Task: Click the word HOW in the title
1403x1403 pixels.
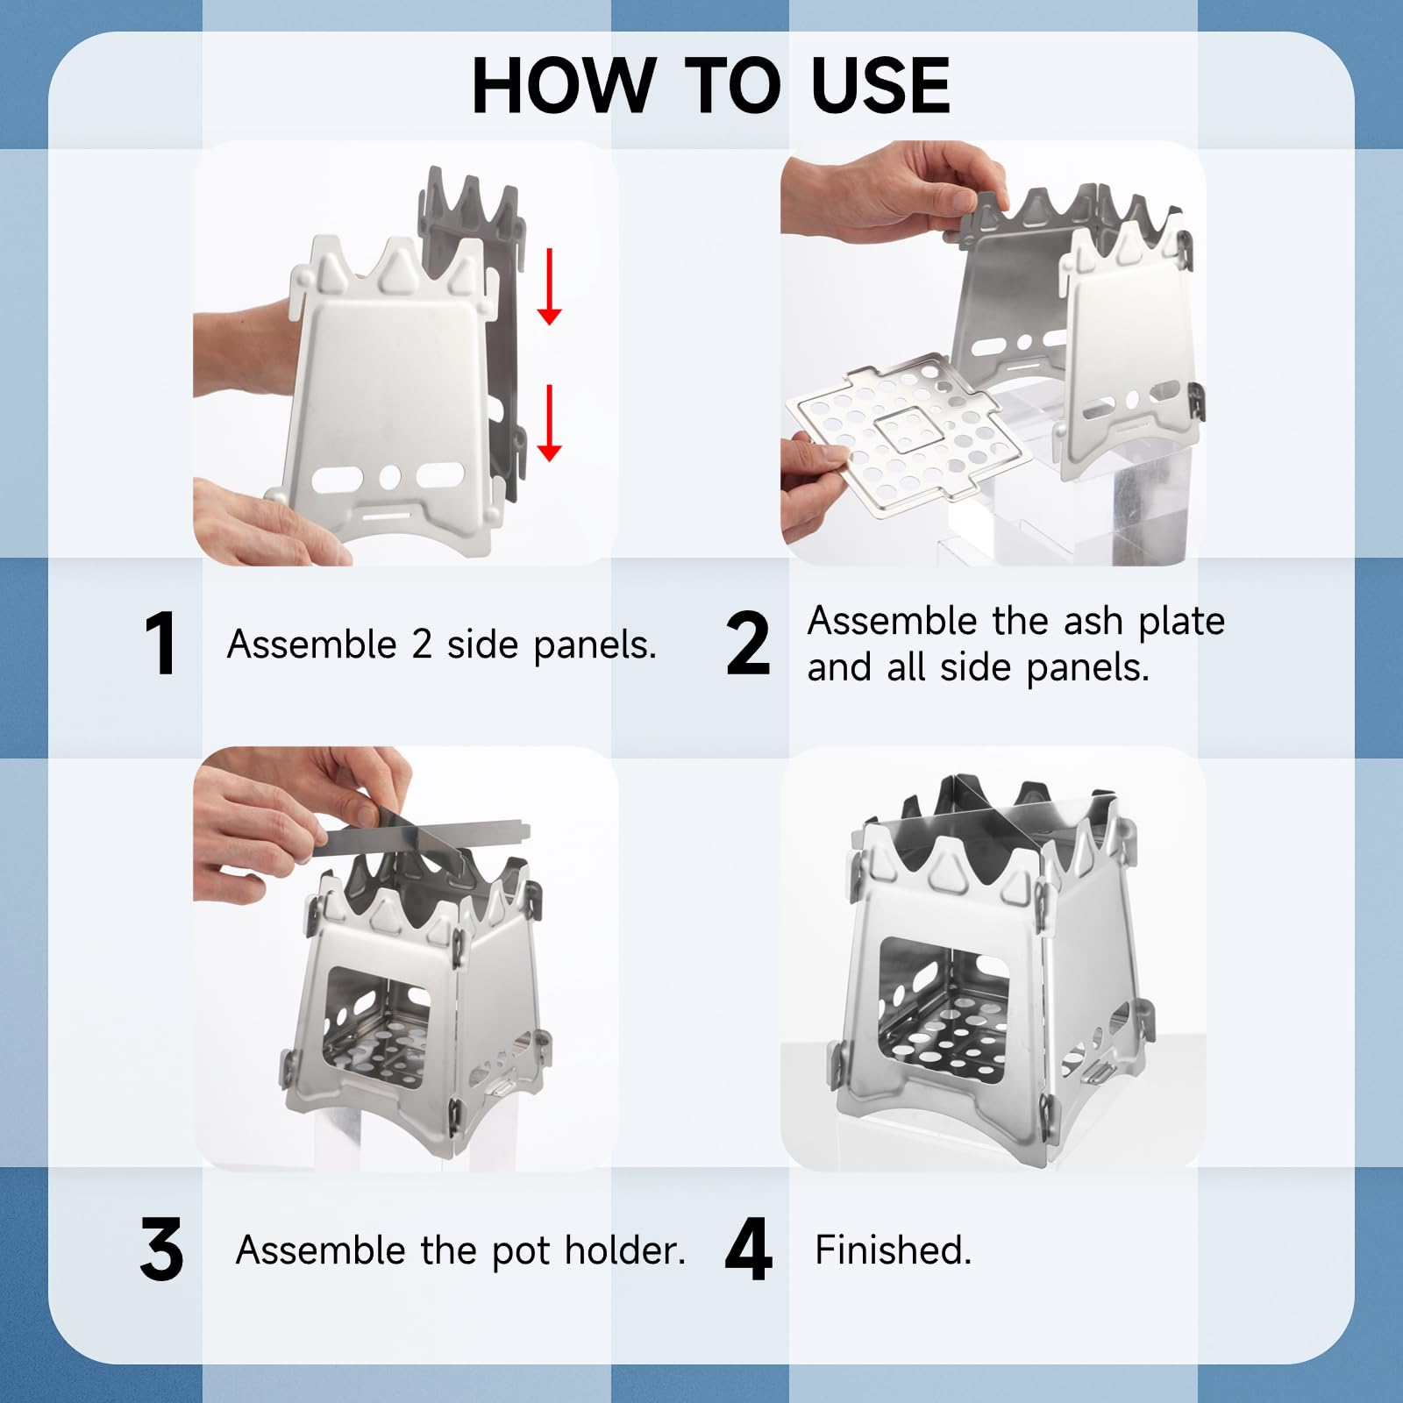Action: [x=561, y=85]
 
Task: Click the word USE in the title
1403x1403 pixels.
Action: [x=880, y=85]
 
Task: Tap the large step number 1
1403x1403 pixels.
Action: [x=160, y=644]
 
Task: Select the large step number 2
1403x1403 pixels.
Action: [x=748, y=644]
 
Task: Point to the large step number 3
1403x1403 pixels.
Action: [x=161, y=1250]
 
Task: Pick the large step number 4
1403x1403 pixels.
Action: [x=749, y=1250]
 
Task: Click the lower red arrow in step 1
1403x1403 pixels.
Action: [x=549, y=423]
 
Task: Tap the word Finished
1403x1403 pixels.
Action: [x=893, y=1250]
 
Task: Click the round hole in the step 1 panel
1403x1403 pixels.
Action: [x=390, y=477]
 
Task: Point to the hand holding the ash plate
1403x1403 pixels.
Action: [x=815, y=487]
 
